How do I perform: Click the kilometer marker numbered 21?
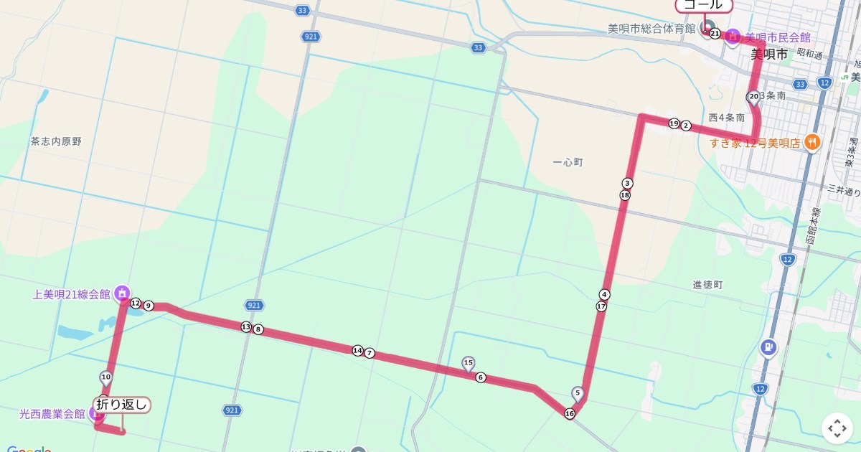coord(715,33)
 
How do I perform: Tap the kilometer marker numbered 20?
coord(753,96)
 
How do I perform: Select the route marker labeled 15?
coord(469,363)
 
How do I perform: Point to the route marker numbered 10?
coord(105,377)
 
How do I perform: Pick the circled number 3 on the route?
coord(628,183)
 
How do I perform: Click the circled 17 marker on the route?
coord(601,306)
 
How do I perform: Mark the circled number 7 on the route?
coord(370,353)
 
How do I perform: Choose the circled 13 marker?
coord(246,327)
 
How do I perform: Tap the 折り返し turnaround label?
coord(122,405)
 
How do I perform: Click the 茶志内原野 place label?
coord(56,141)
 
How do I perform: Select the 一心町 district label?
coord(568,163)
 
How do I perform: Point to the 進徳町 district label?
coord(708,285)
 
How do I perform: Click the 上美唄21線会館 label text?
coord(71,294)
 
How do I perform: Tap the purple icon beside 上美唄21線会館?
coord(122,292)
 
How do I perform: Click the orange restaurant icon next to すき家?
coord(812,141)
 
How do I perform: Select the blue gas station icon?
coord(768,348)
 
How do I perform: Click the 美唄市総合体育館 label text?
coord(651,29)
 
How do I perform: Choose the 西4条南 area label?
coord(726,118)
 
